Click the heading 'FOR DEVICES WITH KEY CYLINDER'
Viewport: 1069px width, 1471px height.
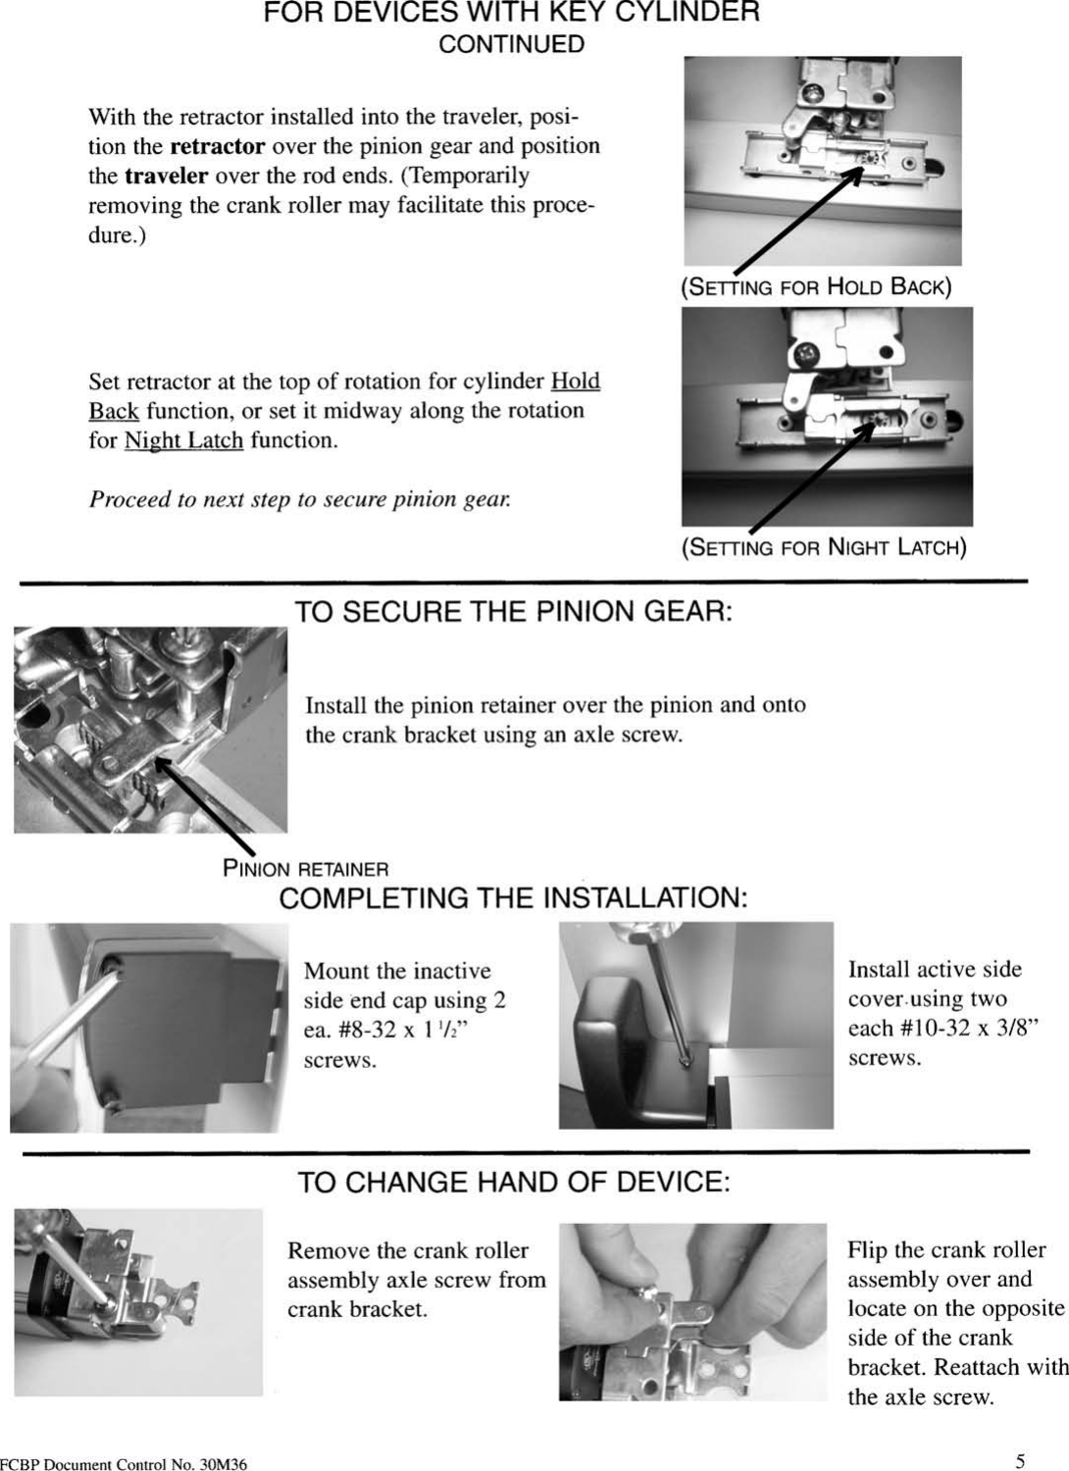511,14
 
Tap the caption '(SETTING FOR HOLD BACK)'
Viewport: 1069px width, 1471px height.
815,287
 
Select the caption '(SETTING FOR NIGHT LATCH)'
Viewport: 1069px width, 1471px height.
824,547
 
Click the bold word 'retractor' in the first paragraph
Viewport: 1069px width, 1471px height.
217,147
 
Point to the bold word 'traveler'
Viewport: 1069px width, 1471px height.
166,177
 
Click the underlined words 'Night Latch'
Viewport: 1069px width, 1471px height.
183,440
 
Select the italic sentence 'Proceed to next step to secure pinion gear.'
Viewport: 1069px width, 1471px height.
299,499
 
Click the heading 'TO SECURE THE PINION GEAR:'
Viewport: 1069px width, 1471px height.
514,612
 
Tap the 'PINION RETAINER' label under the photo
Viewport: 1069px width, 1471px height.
305,869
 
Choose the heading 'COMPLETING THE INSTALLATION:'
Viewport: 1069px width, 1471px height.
513,898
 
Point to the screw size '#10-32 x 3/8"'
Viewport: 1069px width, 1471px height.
942,1029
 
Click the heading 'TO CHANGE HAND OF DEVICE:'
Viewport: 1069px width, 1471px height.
514,1182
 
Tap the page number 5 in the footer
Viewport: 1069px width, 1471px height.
1020,1461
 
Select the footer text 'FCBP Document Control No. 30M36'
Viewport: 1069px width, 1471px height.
124,1465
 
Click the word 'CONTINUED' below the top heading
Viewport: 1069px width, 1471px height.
511,45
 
